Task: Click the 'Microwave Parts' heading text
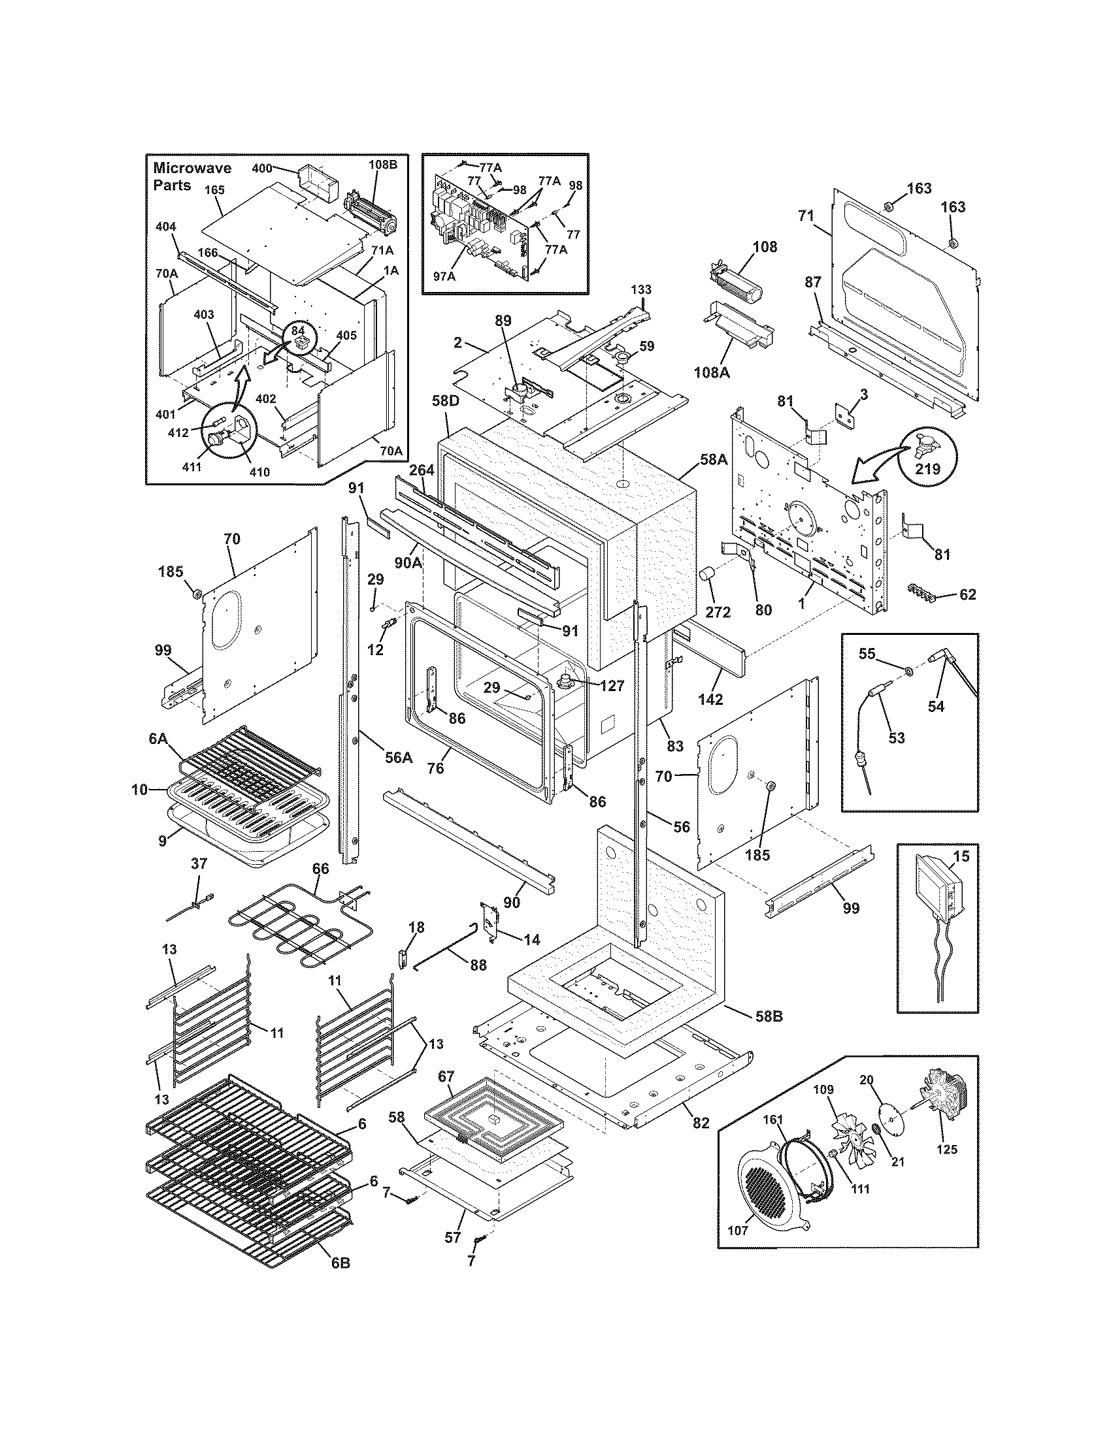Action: [191, 177]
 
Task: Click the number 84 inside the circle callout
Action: [298, 331]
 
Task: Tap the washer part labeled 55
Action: [909, 671]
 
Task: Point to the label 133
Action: [641, 289]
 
